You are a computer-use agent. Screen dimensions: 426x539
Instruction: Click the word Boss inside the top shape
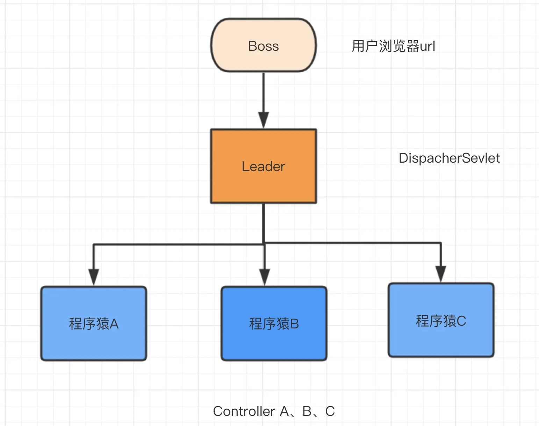click(x=263, y=46)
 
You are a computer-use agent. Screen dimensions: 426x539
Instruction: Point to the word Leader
click(x=263, y=166)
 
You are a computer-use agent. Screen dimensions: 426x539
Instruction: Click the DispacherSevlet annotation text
click(x=449, y=158)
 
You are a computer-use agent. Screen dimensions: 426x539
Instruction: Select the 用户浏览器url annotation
click(x=393, y=46)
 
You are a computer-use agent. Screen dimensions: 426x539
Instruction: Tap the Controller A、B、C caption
click(x=274, y=411)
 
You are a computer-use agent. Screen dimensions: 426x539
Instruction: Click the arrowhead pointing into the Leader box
click(x=263, y=120)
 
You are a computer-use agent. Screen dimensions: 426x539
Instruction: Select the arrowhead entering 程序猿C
click(x=441, y=274)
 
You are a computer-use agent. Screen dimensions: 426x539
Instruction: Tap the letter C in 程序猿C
click(x=461, y=321)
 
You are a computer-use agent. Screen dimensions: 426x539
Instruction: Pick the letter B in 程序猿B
click(x=294, y=324)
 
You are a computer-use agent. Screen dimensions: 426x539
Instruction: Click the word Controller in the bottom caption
click(x=244, y=411)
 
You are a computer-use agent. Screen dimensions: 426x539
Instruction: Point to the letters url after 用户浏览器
click(x=427, y=46)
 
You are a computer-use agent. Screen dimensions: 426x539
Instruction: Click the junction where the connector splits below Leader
click(x=264, y=243)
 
